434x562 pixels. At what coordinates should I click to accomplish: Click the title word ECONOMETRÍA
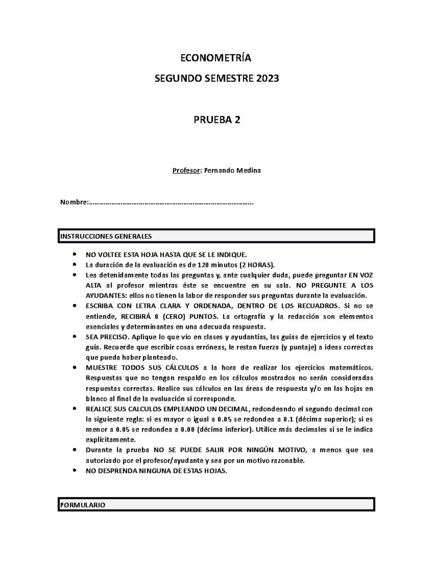216,58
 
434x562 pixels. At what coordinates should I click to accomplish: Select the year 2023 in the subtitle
268,79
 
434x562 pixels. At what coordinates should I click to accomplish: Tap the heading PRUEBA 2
216,120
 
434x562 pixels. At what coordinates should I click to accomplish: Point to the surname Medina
248,170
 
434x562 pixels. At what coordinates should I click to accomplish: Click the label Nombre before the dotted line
73,202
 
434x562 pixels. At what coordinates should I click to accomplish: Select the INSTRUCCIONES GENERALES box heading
106,237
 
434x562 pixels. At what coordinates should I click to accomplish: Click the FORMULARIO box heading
83,505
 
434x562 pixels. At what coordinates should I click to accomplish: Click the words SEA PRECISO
107,337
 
